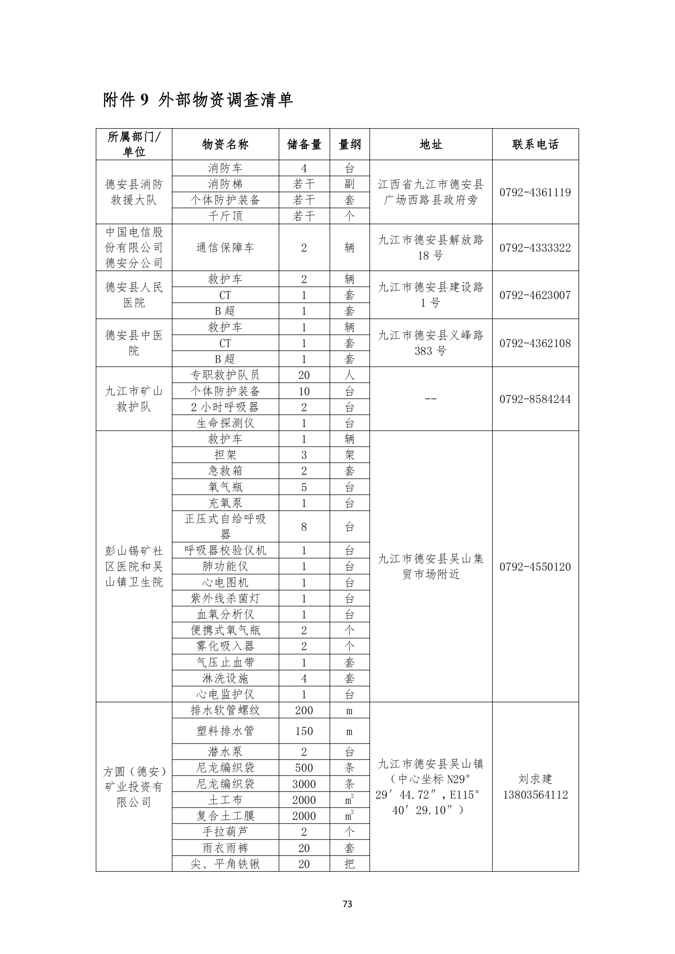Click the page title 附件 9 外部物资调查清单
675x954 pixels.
[x=198, y=100]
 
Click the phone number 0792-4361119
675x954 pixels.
[x=535, y=193]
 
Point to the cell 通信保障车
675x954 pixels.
[x=225, y=248]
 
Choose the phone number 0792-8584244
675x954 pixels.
[x=535, y=399]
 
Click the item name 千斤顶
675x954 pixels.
[x=225, y=216]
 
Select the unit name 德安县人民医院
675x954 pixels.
[x=134, y=295]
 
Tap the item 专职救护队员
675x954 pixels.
[x=225, y=375]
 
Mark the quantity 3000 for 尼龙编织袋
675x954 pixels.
[x=304, y=784]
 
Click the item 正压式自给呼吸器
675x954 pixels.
[x=225, y=527]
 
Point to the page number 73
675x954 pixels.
[x=347, y=904]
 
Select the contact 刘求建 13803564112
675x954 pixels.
[x=535, y=786]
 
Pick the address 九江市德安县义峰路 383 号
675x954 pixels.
[x=431, y=343]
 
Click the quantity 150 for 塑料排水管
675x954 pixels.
[x=304, y=731]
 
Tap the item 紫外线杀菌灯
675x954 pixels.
[x=225, y=598]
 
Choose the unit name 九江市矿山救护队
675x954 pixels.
[x=134, y=399]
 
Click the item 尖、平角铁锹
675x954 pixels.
[x=225, y=864]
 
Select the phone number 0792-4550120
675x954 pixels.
[x=535, y=567]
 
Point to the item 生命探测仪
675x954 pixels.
[x=225, y=423]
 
